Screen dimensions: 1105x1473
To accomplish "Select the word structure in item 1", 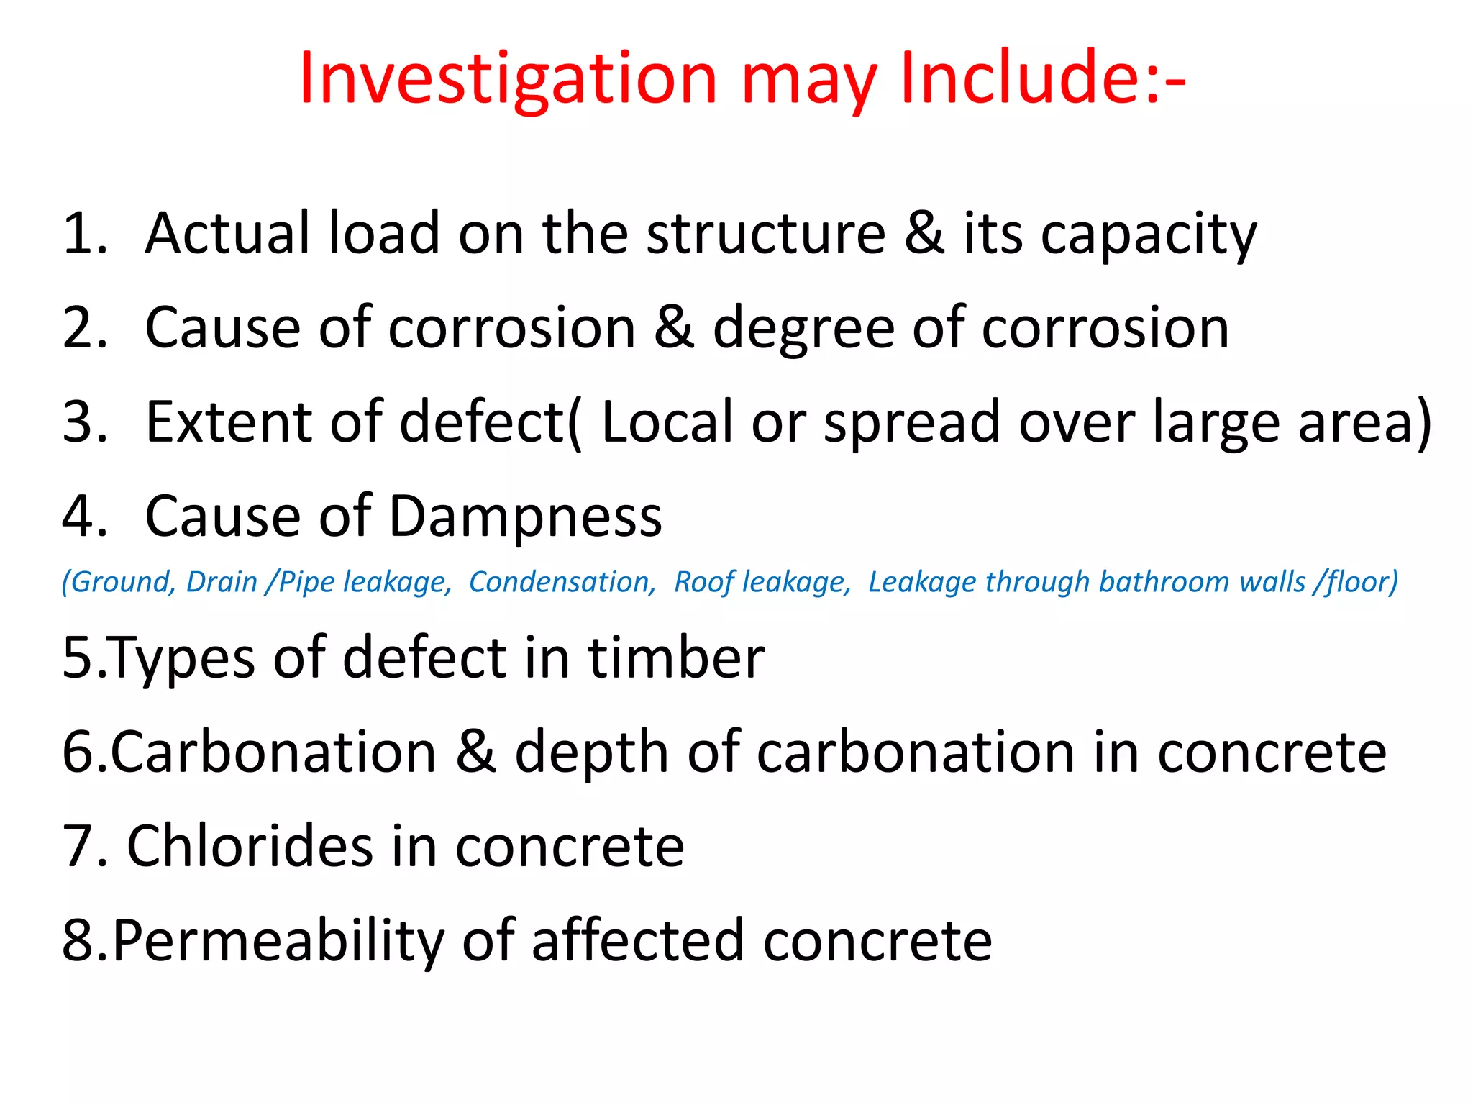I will [765, 233].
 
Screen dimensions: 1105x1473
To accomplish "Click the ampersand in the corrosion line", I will [674, 327].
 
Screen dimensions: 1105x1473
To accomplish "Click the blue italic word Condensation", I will [562, 582].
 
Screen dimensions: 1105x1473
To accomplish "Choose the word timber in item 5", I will [676, 658].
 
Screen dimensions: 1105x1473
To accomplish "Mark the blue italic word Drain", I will [222, 582].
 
